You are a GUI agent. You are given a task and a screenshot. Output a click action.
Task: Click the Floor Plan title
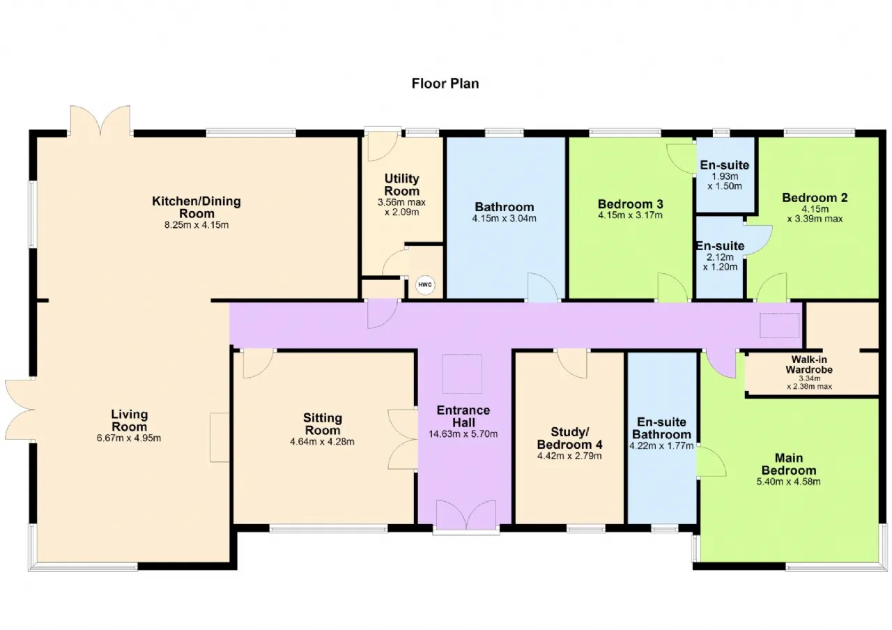pos(445,84)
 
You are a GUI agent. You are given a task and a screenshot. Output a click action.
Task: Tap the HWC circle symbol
pos(425,285)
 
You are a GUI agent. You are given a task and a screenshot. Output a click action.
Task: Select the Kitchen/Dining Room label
pos(197,207)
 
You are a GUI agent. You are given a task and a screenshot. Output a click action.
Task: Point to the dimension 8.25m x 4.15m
pos(197,225)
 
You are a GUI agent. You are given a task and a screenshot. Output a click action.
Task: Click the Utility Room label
pos(402,185)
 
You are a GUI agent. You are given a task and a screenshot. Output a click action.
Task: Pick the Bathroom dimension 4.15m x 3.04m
pos(504,218)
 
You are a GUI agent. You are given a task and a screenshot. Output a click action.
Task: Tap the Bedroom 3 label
pos(631,204)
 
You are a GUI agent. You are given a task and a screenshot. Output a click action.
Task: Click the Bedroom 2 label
pos(815,197)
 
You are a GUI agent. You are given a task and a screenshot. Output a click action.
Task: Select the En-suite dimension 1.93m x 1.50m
pos(725,181)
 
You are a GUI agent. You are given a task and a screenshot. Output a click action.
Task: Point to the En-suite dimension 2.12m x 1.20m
pos(720,262)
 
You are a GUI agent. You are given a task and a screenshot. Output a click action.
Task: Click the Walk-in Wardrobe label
pos(809,364)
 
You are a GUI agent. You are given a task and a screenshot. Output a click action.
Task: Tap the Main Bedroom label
pos(788,464)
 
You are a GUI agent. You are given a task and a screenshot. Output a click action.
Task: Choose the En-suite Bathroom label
pos(661,428)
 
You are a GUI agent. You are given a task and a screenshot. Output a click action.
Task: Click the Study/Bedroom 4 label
pos(569,438)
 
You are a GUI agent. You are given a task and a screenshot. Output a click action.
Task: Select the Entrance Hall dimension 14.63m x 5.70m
pos(463,434)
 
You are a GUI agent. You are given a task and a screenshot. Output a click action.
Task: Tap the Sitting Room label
pos(322,424)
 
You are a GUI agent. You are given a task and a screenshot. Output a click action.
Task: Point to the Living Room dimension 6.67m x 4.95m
pos(129,438)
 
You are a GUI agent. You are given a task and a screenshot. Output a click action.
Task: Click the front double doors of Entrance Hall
pos(466,515)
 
